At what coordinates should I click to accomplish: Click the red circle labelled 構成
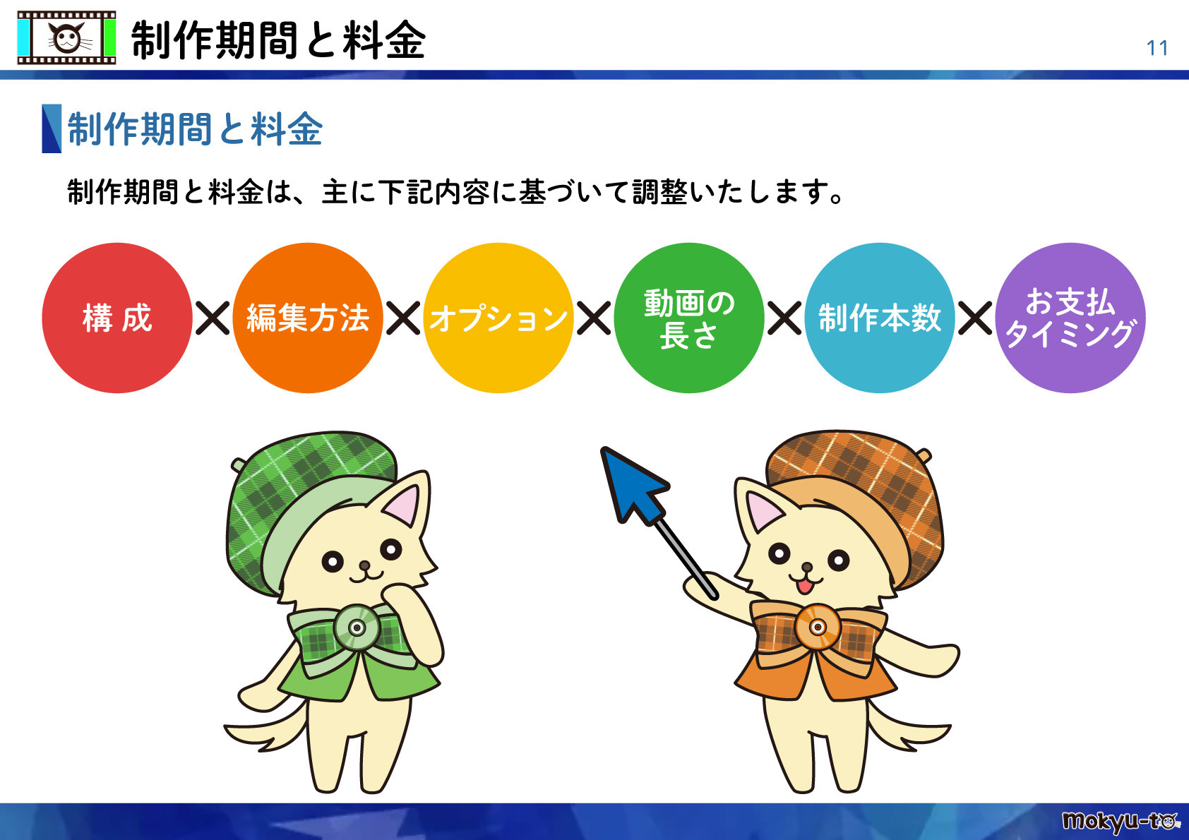[x=117, y=318]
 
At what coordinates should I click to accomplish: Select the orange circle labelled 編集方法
[x=308, y=318]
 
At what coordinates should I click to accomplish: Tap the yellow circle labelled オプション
[x=498, y=318]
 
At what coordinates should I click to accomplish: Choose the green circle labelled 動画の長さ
[x=689, y=318]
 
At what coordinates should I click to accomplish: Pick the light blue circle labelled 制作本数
[x=880, y=318]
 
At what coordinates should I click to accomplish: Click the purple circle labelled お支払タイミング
[x=1070, y=318]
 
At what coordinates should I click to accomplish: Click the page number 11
[x=1157, y=48]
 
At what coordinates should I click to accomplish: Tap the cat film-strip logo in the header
[x=66, y=38]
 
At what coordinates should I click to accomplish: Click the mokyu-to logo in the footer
[x=1121, y=821]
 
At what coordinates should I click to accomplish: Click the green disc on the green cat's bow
[x=357, y=628]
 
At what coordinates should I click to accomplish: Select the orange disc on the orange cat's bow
[x=818, y=627]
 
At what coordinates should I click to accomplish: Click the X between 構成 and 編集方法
[x=213, y=318]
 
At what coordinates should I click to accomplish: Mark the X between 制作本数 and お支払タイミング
[x=975, y=318]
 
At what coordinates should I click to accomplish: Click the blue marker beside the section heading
[x=52, y=128]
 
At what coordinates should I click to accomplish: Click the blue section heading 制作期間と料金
[x=195, y=129]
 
